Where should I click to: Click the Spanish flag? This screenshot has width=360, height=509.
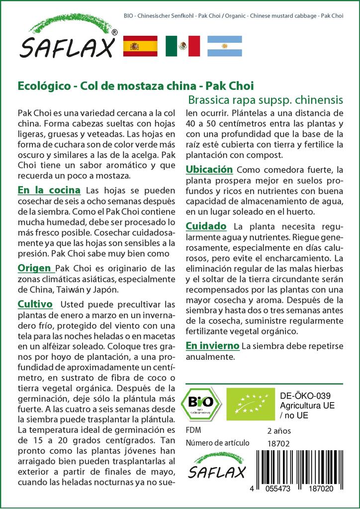coord(140,46)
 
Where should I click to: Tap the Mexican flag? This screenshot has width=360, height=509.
coord(182,46)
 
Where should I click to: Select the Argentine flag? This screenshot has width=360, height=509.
coord(224,46)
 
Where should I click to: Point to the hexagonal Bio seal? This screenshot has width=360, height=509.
coord(200,403)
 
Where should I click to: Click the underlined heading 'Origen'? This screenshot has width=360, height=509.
coord(34,268)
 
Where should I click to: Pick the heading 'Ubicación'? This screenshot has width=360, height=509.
coord(209,170)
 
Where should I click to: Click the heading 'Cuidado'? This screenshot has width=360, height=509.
coord(206,226)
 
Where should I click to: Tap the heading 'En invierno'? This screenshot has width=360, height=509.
coord(212,345)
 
